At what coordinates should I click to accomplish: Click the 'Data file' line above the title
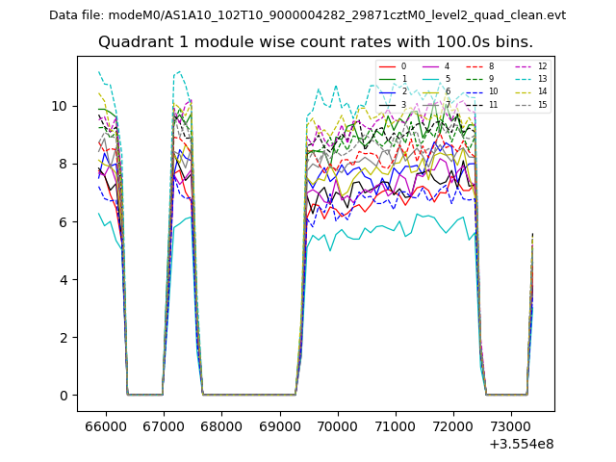(307, 15)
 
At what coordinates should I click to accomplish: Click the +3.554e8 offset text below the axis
(521, 444)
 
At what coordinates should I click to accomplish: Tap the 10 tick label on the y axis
(60, 106)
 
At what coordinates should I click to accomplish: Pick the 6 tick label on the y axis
(64, 221)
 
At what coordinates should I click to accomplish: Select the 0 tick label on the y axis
(64, 396)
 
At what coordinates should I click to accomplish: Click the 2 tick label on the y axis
(64, 338)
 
